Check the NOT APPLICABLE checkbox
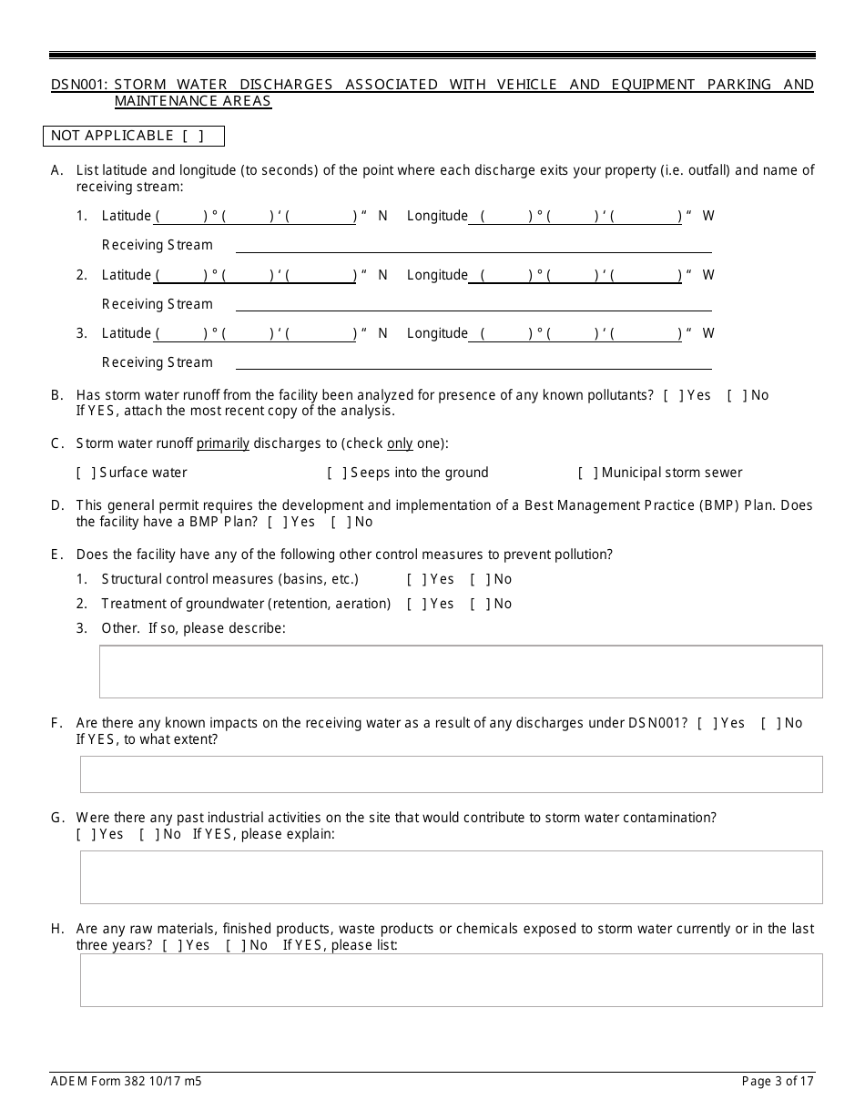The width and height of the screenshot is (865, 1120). pyautogui.click(x=192, y=136)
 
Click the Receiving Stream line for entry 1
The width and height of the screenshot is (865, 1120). pyautogui.click(x=473, y=245)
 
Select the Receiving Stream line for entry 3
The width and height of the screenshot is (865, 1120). pyautogui.click(x=473, y=362)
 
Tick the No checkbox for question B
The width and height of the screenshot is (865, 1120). pyautogui.click(x=737, y=395)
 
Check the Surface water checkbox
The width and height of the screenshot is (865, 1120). pyautogui.click(x=86, y=473)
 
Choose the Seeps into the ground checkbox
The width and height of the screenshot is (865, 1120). pyautogui.click(x=337, y=473)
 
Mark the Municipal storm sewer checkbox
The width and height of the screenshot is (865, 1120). pyautogui.click(x=588, y=473)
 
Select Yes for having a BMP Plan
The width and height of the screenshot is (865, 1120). pyautogui.click(x=277, y=522)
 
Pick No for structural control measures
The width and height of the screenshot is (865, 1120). pyautogui.click(x=480, y=579)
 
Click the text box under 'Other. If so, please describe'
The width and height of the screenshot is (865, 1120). pyautogui.click(x=460, y=671)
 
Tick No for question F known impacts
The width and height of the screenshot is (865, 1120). pyautogui.click(x=770, y=723)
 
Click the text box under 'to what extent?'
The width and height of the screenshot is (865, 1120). pyautogui.click(x=451, y=774)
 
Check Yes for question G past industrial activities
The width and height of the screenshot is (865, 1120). pyautogui.click(x=86, y=834)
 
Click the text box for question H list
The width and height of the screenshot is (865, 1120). pyautogui.click(x=451, y=980)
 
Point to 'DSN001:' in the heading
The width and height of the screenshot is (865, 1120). pyautogui.click(x=79, y=85)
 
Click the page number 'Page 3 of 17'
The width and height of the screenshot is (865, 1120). pyautogui.click(x=778, y=1082)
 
